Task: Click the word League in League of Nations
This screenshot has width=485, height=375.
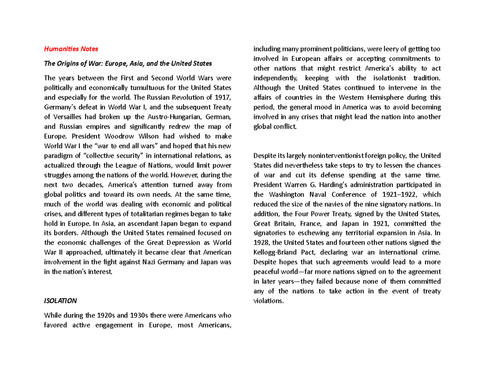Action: (123, 166)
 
